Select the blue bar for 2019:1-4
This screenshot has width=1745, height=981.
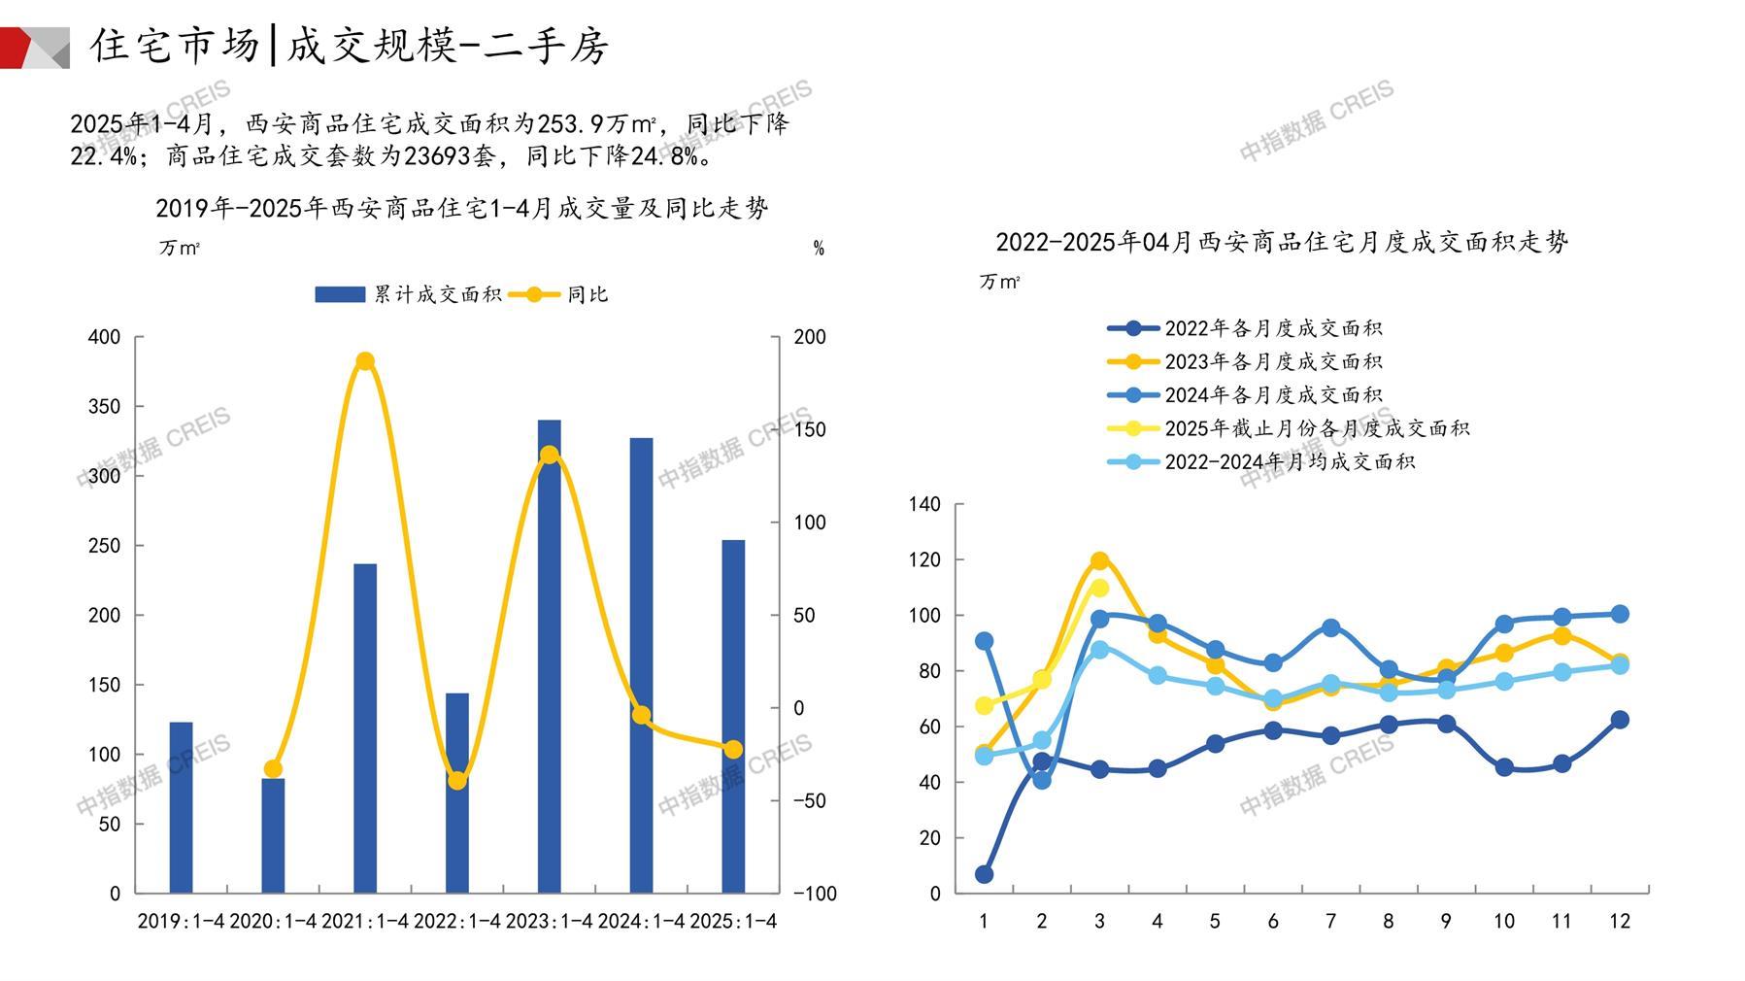pyautogui.click(x=181, y=807)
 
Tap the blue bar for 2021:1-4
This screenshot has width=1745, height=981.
pyautogui.click(x=365, y=728)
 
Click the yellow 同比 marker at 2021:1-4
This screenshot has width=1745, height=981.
pyautogui.click(x=365, y=361)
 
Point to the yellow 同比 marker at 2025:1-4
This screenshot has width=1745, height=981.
pyautogui.click(x=733, y=749)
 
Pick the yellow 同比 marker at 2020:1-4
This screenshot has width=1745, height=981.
pyautogui.click(x=273, y=769)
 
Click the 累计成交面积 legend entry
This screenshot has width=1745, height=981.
pyautogui.click(x=408, y=294)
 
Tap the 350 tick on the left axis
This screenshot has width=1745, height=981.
pyautogui.click(x=105, y=407)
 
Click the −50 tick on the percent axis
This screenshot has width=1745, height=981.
pyautogui.click(x=810, y=801)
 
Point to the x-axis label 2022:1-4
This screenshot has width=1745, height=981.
pyautogui.click(x=457, y=921)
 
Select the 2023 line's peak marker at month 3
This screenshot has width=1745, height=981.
pyautogui.click(x=1099, y=561)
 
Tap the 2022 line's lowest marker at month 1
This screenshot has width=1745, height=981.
pyautogui.click(x=984, y=874)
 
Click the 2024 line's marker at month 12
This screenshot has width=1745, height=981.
pyautogui.click(x=1620, y=614)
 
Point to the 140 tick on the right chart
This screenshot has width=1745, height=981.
pyautogui.click(x=924, y=504)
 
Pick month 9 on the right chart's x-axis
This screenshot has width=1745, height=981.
pyautogui.click(x=1446, y=921)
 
